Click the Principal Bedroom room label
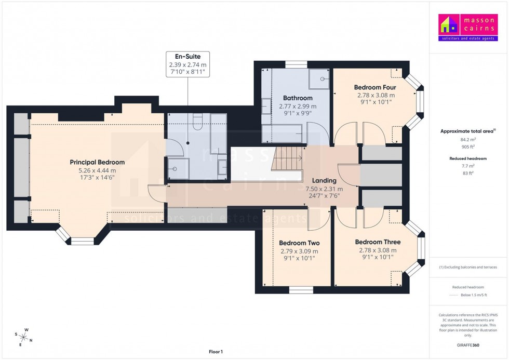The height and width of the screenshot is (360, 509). pyautogui.click(x=97, y=163)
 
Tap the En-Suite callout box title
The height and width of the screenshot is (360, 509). pyautogui.click(x=187, y=56)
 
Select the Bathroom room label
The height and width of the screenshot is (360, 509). pyautogui.click(x=298, y=98)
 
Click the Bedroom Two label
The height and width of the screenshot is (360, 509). pyautogui.click(x=299, y=243)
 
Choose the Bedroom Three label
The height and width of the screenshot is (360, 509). pyautogui.click(x=378, y=242)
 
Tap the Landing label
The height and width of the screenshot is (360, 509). pyautogui.click(x=324, y=180)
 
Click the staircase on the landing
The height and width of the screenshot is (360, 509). pyautogui.click(x=287, y=158)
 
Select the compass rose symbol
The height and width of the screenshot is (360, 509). pyautogui.click(x=23, y=337)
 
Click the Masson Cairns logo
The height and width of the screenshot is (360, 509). pyautogui.click(x=468, y=28)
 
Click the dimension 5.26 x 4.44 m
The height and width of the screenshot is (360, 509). pyautogui.click(x=97, y=171)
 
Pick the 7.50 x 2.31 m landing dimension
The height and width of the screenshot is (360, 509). pyautogui.click(x=324, y=189)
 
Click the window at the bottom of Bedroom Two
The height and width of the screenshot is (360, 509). pyautogui.click(x=298, y=289)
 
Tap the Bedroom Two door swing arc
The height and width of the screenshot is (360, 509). pyautogui.click(x=317, y=219)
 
